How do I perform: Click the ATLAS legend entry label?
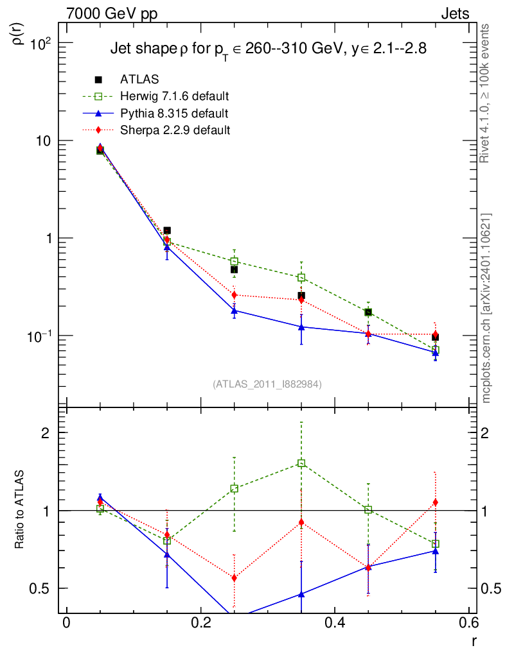pos(139,80)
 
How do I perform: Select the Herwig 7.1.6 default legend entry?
pos(174,96)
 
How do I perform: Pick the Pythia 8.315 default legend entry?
pos(173,113)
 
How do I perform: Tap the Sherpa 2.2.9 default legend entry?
pos(175,130)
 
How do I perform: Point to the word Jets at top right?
pos(454,13)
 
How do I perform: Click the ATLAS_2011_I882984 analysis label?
pos(267,384)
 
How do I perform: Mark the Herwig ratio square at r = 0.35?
pos(301,463)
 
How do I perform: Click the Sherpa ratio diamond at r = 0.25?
pos(234,578)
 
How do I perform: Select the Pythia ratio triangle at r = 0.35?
pos(301,594)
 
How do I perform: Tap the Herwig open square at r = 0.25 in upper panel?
pos(234,262)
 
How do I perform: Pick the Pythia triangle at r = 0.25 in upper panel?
pos(234,311)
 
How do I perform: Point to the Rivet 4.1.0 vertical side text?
pos(486,93)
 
